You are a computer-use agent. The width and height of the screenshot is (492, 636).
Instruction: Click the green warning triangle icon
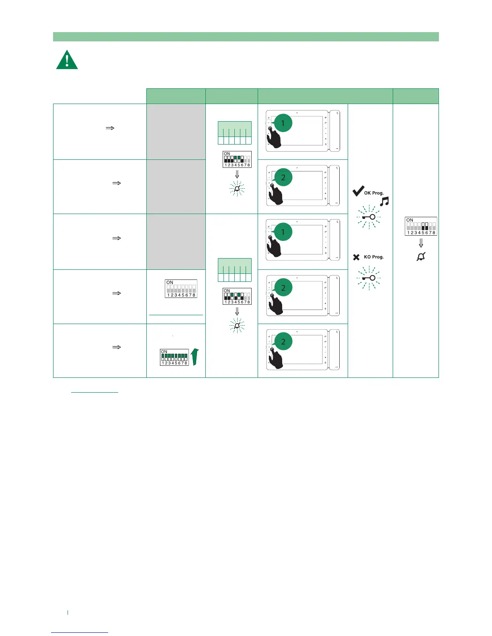click(x=67, y=60)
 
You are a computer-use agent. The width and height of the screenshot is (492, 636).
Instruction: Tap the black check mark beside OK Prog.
click(x=358, y=191)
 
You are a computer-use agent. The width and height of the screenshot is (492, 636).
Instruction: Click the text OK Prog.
click(x=374, y=193)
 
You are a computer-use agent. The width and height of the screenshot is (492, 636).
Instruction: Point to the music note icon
click(x=384, y=202)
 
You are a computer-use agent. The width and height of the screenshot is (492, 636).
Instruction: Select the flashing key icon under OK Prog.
click(x=369, y=217)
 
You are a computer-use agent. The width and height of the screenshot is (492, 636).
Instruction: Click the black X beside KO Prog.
click(x=356, y=257)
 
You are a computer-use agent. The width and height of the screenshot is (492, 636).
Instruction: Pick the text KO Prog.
click(x=374, y=257)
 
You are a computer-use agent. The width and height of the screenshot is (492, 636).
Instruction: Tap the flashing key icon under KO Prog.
click(x=369, y=278)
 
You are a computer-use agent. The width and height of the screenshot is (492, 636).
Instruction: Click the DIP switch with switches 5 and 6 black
click(x=421, y=226)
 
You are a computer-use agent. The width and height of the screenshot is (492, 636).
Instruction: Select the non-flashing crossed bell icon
click(x=421, y=256)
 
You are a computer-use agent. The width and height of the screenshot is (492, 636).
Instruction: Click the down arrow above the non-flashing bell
click(x=421, y=243)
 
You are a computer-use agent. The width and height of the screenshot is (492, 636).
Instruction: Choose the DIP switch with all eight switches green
click(x=174, y=357)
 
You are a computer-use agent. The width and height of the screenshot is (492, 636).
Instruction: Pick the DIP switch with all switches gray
click(x=181, y=289)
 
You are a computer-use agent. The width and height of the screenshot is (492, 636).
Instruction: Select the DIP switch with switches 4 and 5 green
click(x=237, y=159)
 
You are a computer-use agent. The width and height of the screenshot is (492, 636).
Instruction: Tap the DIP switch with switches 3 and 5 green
click(x=237, y=296)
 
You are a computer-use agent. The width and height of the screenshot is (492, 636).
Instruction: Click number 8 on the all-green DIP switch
click(x=186, y=363)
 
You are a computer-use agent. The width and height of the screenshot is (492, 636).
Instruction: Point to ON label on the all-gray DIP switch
click(x=170, y=283)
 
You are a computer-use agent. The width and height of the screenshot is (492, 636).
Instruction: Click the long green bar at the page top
click(x=246, y=37)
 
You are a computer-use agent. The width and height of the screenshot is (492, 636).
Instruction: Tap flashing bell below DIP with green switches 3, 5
click(x=237, y=326)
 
